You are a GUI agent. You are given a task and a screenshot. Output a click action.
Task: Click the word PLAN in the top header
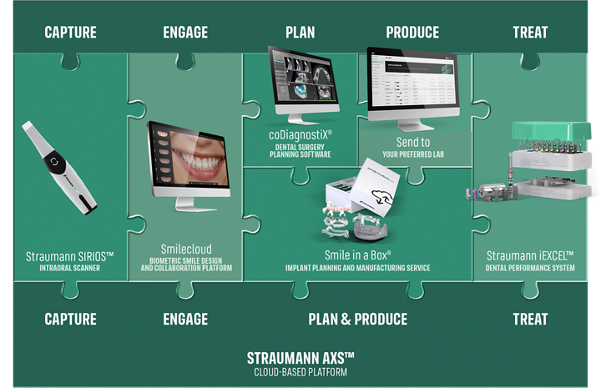(x=300, y=33)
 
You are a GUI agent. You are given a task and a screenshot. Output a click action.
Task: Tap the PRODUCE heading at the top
(x=412, y=33)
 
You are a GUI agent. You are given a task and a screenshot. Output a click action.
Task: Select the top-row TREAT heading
(x=531, y=33)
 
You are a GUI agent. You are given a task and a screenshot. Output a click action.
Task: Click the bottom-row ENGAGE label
(x=185, y=319)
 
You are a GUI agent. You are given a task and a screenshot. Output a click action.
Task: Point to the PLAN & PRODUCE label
(x=358, y=319)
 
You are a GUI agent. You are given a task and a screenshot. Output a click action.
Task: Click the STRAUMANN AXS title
(x=300, y=358)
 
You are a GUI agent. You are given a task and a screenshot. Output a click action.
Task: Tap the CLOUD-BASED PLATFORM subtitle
(x=300, y=372)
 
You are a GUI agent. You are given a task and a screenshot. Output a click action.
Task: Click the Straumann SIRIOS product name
(x=70, y=256)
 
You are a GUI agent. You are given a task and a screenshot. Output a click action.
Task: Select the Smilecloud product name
(x=186, y=249)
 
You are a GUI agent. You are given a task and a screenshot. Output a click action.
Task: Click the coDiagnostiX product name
(x=300, y=135)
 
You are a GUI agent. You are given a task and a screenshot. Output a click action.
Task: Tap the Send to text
(x=413, y=142)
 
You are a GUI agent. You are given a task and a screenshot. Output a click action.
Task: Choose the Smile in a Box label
(x=358, y=255)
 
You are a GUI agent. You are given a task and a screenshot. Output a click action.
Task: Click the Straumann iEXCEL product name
(x=530, y=255)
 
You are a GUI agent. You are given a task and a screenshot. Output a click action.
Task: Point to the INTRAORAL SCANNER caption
(x=70, y=268)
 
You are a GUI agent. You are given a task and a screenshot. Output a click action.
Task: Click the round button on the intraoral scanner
(x=54, y=162)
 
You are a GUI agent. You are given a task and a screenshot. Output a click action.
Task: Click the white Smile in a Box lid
(x=377, y=187)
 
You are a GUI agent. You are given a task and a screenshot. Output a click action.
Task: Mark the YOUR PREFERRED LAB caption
(x=413, y=154)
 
